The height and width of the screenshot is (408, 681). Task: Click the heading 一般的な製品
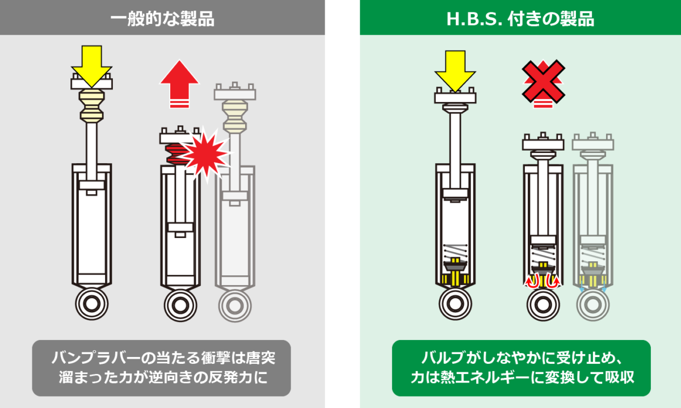(x=162, y=18)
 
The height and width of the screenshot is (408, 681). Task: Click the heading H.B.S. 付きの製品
(x=520, y=18)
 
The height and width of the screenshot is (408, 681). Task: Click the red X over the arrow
(x=543, y=80)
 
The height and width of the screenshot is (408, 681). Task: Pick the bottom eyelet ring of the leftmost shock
(x=91, y=305)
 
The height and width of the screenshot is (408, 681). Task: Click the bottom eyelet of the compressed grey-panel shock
(x=180, y=305)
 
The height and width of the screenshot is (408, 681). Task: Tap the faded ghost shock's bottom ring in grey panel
(x=234, y=305)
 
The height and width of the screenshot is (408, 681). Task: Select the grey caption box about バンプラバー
(x=162, y=368)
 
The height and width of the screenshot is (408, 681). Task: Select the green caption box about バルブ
(x=521, y=368)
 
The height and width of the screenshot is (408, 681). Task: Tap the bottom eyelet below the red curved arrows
(x=543, y=305)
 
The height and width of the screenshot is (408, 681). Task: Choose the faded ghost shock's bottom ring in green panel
(x=593, y=305)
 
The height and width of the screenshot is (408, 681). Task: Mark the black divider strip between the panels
(x=342, y=204)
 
